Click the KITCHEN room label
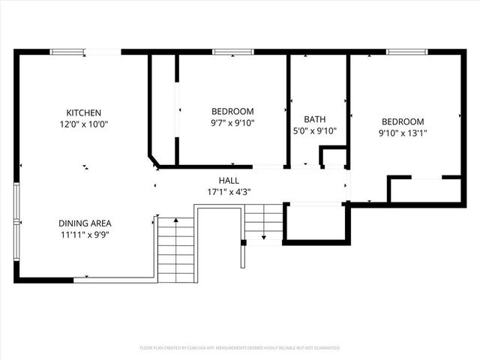pos(83,112)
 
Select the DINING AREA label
pos(85,223)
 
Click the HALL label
pos(229,181)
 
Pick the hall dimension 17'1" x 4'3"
pos(229,192)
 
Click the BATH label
pos(314,119)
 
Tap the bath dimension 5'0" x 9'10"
pos(314,130)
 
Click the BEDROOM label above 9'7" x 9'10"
pos(232,111)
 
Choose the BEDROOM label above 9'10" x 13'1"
pos(403,121)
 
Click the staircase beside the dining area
pos(175,247)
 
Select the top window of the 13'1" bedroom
pos(406,52)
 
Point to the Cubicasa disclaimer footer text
pos(240,348)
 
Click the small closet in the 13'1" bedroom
pos(424,190)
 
